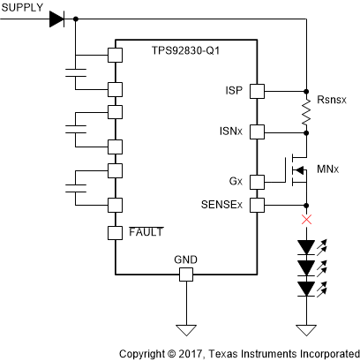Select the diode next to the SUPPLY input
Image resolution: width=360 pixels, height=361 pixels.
point(58,18)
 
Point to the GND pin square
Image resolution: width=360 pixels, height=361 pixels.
point(185,275)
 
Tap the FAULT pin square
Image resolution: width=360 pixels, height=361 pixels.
point(114,234)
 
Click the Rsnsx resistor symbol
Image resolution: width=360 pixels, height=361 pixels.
point(305,111)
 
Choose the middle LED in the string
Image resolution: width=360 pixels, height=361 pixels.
point(305,267)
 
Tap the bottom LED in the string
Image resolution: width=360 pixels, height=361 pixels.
point(305,288)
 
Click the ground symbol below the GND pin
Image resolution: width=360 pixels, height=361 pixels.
point(185,330)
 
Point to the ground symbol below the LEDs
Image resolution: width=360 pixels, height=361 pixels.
point(305,330)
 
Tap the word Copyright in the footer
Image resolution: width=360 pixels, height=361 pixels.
point(147,351)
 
